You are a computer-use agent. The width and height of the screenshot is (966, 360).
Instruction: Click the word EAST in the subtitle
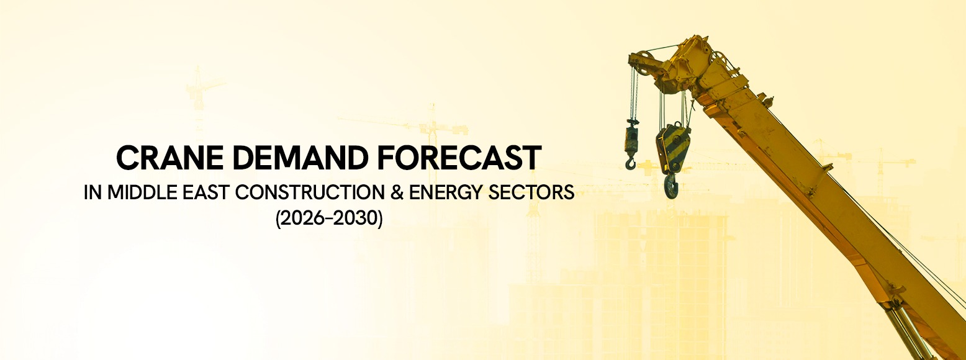(186, 193)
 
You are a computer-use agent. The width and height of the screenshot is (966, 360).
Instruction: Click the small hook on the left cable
(631, 163)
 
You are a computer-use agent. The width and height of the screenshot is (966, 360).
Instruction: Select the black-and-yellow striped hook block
(673, 148)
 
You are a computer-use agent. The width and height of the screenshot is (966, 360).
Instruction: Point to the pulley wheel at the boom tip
(644, 63)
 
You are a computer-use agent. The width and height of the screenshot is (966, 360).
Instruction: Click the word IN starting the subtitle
(93, 193)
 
